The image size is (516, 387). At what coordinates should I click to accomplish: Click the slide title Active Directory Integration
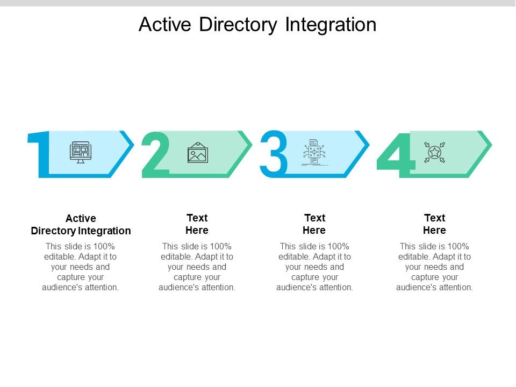tap(257, 25)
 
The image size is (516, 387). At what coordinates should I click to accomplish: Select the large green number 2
tap(155, 155)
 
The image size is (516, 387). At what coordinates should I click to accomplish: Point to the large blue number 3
tap(274, 154)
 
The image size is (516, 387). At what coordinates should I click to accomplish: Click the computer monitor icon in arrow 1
tap(81, 152)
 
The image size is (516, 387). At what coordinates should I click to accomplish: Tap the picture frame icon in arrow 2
tap(197, 153)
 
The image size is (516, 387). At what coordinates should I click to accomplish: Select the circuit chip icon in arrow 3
tap(314, 153)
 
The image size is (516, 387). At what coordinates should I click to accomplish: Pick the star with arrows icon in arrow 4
tap(434, 153)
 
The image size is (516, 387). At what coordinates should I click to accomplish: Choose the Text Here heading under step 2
tap(197, 224)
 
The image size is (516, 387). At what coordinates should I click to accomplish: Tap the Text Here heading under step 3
tap(314, 224)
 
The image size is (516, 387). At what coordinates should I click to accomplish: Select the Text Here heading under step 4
tap(434, 224)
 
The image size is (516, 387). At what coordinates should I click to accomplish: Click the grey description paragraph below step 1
tap(81, 267)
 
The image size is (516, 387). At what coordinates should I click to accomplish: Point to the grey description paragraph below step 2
tap(197, 267)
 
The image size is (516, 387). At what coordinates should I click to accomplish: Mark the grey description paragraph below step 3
tap(314, 267)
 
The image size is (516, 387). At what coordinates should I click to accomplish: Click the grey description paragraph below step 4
tap(434, 267)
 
